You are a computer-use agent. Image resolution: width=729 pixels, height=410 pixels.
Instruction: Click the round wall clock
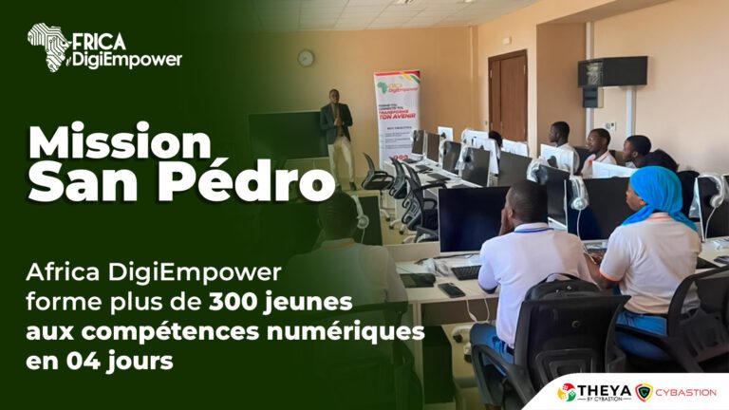[306, 58]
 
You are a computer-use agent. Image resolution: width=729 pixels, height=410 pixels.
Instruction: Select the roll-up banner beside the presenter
[397, 119]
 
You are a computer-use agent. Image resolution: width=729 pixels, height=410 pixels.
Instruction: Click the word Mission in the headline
[119, 142]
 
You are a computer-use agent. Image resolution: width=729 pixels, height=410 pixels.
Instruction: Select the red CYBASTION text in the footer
[687, 391]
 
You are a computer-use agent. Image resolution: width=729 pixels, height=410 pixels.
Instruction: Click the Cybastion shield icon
[644, 391]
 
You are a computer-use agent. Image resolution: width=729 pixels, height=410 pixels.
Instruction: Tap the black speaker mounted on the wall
[612, 70]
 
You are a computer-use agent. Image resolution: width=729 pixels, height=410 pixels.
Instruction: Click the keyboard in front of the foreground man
[465, 272]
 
